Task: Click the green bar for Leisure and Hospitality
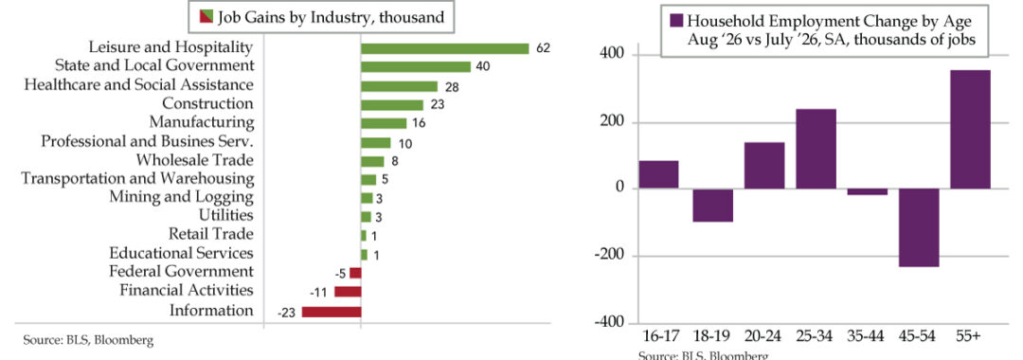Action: [444, 49]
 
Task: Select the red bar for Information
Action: [331, 312]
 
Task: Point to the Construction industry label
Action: [207, 103]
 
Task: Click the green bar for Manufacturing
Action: [384, 123]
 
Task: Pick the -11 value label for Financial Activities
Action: [317, 293]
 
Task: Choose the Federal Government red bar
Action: [355, 273]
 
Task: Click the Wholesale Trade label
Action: [195, 160]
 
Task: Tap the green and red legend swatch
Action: [206, 17]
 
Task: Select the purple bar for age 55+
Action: [971, 129]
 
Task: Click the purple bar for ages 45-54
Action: [919, 227]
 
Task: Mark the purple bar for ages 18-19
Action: [712, 205]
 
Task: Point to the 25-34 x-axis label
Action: [816, 336]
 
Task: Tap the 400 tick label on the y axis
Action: [616, 55]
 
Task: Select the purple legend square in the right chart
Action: [676, 21]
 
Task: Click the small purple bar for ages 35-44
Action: [867, 191]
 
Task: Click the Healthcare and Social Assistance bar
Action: [399, 86]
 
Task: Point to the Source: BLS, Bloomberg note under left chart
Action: [89, 340]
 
